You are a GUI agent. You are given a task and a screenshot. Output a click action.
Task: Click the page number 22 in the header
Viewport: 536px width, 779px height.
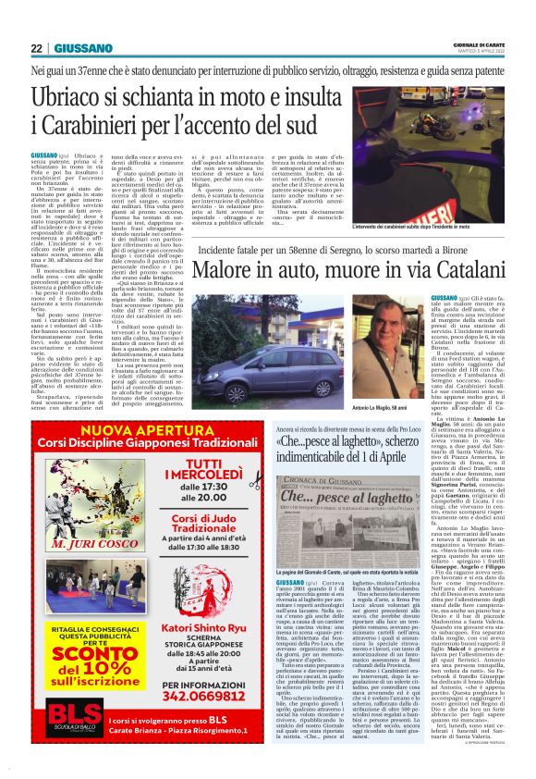pyautogui.click(x=36, y=48)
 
